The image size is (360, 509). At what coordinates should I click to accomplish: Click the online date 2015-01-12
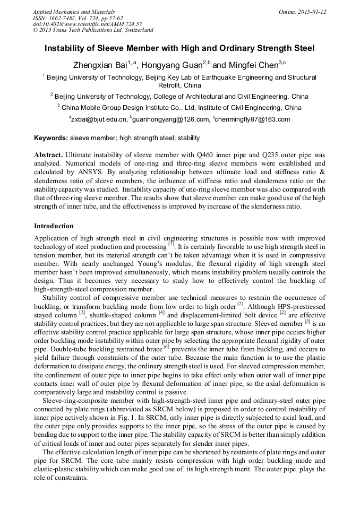(312, 11)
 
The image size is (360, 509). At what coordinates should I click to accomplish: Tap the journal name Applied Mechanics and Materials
(74, 11)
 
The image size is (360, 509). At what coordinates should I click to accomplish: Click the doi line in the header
(87, 24)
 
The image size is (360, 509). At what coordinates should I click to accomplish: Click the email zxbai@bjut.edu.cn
(100, 119)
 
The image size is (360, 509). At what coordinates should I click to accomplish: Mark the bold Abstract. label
(49, 156)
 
